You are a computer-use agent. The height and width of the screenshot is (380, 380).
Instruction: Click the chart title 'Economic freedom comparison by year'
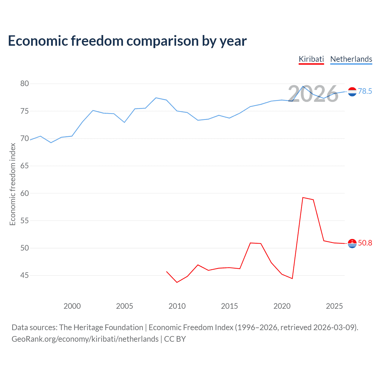tap(127, 41)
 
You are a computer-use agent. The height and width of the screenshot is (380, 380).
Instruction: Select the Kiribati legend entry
tap(311, 59)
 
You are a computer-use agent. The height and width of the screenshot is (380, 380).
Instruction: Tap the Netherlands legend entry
tap(351, 59)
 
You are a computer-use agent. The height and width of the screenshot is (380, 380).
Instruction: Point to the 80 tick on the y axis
tap(25, 84)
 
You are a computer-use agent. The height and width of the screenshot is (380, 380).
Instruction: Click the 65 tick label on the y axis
tap(25, 166)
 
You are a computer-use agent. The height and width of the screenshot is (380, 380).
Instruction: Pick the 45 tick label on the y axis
tap(25, 275)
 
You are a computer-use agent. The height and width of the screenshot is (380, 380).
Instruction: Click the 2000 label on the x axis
tap(72, 306)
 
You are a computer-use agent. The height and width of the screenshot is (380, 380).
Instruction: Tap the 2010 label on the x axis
tap(177, 306)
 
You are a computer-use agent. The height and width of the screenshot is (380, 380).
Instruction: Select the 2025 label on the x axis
tap(334, 306)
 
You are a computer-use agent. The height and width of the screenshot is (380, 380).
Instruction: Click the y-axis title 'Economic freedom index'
tap(12, 184)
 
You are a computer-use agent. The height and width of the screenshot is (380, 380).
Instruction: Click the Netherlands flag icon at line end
tap(352, 92)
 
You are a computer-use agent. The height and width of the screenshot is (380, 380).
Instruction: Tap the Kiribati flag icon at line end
tap(352, 243)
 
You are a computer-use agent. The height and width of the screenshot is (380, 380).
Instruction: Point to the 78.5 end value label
tap(365, 91)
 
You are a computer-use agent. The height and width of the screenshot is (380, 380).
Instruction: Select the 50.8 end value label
tap(365, 243)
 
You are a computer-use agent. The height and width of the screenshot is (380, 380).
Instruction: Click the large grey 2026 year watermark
tap(313, 94)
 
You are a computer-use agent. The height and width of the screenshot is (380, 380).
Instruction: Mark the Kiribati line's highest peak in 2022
tap(303, 197)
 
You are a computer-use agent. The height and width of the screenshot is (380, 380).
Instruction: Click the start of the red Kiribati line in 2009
tap(167, 271)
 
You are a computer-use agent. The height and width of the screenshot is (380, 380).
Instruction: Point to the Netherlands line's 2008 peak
tap(156, 98)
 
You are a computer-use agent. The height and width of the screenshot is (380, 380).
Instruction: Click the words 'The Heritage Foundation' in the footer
tap(101, 327)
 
